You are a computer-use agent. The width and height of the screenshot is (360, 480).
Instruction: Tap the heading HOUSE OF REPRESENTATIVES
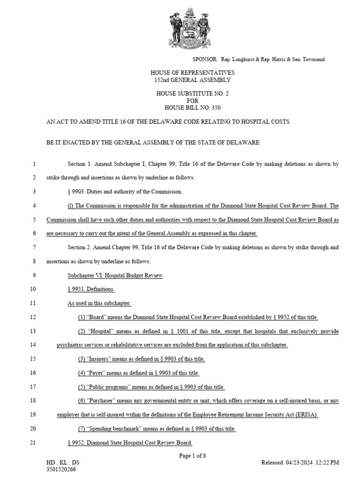tap(192, 73)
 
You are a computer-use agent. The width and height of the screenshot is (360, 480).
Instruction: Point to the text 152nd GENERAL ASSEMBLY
tap(192, 80)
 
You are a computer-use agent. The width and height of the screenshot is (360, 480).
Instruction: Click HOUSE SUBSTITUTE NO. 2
tap(192, 94)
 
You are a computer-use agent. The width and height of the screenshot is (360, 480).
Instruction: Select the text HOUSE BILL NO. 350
tap(192, 108)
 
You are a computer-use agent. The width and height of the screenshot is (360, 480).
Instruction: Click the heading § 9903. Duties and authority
tap(125, 192)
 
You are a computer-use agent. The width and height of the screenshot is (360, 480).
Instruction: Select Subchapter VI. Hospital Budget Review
tap(115, 276)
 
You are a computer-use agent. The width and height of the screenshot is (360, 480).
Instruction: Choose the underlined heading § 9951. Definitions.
tap(91, 289)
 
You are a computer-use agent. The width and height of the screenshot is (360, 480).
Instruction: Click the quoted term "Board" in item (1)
tap(97, 317)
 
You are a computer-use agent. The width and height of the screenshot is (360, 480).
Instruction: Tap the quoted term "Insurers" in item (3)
tap(99, 359)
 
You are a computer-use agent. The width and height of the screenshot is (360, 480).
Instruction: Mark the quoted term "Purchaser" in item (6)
tap(103, 401)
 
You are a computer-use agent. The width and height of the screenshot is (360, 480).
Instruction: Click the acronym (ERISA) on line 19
tap(305, 415)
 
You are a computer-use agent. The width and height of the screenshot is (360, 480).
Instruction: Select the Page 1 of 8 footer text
tap(192, 456)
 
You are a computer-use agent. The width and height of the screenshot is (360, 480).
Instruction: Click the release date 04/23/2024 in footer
tap(298, 463)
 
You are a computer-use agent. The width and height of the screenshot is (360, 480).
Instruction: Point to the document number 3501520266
tap(61, 469)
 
